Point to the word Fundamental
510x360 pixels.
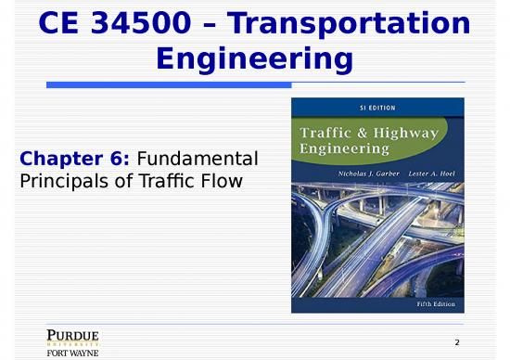click(198, 160)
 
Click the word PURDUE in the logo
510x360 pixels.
click(72, 335)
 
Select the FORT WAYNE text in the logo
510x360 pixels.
click(72, 353)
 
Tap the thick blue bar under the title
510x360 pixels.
click(167, 84)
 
